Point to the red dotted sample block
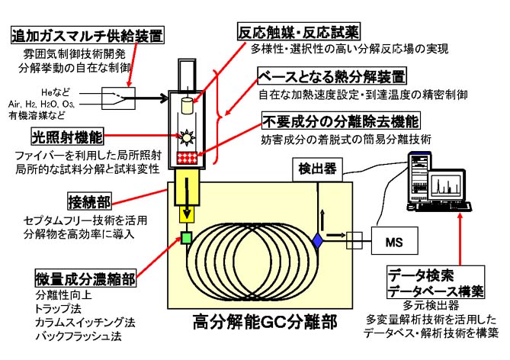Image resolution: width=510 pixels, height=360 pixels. click(x=186, y=156)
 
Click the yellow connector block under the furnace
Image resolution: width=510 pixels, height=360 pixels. click(x=185, y=191)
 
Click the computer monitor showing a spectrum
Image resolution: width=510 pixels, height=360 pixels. click(x=445, y=188)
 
